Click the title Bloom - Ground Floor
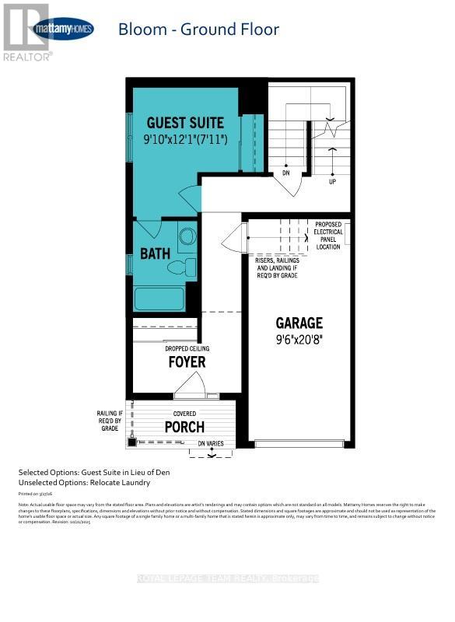tap(198, 30)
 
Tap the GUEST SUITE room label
tap(186, 123)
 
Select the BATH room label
tap(155, 254)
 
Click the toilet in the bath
tap(181, 267)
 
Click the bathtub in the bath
tap(159, 299)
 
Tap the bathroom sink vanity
tap(187, 237)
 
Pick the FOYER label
tap(187, 362)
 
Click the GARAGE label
tap(299, 323)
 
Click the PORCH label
tap(184, 427)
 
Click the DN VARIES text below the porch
tap(211, 443)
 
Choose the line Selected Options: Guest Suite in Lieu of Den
tap(93, 473)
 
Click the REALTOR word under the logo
tap(27, 57)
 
